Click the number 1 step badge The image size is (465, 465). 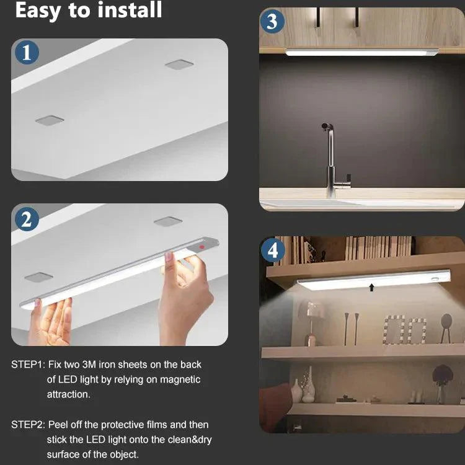click(27, 53)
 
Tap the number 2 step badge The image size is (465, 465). click(27, 219)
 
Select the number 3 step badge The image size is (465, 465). click(272, 21)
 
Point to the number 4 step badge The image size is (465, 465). click(273, 250)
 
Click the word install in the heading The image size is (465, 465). click(130, 10)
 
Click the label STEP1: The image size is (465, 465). click(28, 365)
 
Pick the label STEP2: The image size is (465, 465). click(28, 425)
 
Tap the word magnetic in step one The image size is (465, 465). click(180, 379)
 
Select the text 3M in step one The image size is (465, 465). click(89, 365)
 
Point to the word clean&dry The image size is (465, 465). click(190, 440)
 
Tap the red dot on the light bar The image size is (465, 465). click(202, 247)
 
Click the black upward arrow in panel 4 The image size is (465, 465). click(371, 287)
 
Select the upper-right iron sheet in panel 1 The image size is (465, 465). click(179, 64)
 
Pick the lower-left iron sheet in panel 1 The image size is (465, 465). click(50, 120)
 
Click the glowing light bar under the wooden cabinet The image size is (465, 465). click(362, 53)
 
